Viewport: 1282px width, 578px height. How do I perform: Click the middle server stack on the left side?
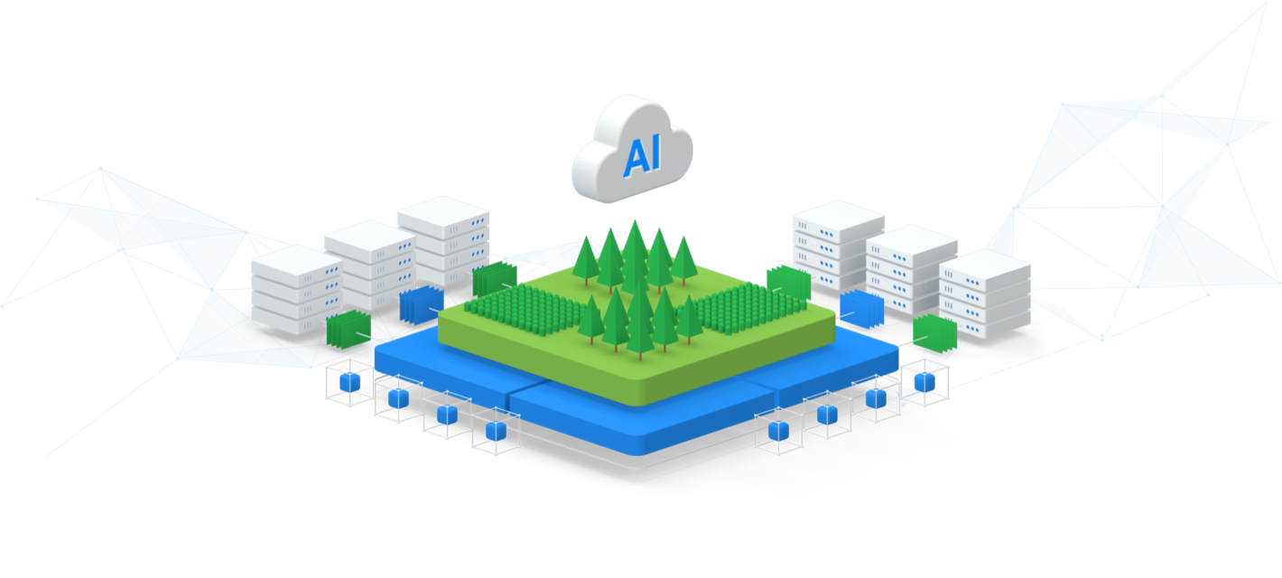[369, 264]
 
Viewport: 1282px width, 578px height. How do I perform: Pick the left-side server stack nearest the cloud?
[443, 239]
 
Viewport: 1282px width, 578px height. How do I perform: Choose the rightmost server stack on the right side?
[985, 294]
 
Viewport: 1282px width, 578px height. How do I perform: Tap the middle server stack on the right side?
[912, 268]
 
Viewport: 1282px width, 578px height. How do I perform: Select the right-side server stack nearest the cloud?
[838, 244]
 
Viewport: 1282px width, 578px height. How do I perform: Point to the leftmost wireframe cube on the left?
[348, 381]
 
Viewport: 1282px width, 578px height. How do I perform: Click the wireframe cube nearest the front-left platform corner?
[496, 431]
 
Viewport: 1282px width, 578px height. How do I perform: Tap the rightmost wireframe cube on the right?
[924, 380]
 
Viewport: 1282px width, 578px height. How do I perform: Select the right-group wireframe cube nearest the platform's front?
[778, 431]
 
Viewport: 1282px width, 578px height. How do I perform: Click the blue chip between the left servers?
[419, 305]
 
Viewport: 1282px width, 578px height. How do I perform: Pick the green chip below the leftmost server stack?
[348, 330]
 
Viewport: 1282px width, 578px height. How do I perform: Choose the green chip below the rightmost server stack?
[934, 333]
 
